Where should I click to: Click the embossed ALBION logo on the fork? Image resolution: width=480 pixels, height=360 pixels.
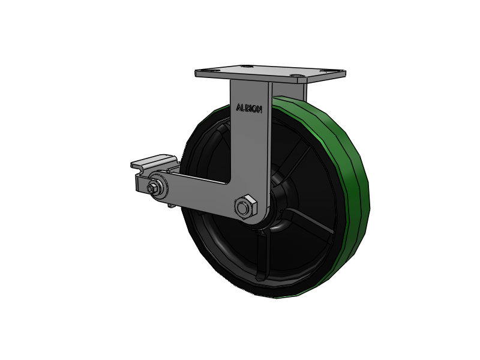point(249,109)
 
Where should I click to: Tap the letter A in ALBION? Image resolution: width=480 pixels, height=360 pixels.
point(238,107)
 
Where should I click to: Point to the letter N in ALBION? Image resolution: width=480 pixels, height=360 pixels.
point(259,110)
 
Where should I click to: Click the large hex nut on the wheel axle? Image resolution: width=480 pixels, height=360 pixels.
point(245,206)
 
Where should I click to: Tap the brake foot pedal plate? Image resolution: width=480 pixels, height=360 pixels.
point(154,162)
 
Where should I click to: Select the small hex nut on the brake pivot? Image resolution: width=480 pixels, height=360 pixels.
point(152,188)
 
